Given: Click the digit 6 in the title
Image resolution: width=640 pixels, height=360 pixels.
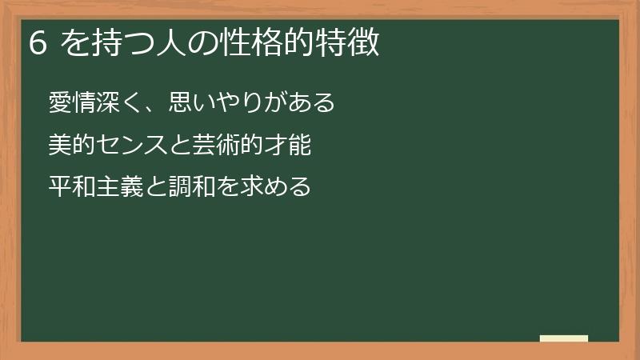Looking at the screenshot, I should (x=37, y=43).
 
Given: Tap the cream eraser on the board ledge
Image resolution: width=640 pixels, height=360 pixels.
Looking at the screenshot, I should (x=564, y=338).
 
